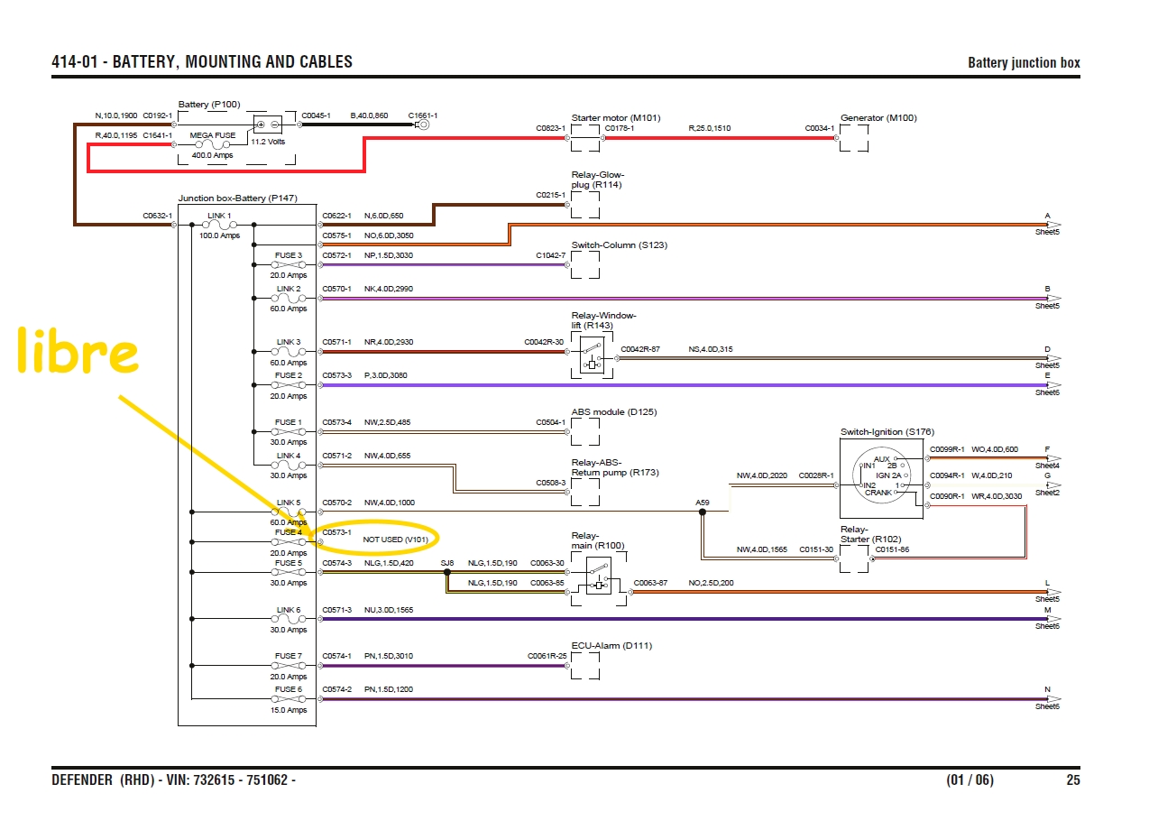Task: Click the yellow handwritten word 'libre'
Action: pos(78,352)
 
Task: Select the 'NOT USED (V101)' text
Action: pos(395,539)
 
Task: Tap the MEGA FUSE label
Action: pos(213,134)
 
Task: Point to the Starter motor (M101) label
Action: pos(616,117)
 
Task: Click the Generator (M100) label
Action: pos(879,117)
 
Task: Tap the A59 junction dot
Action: pos(703,512)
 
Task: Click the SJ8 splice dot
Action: pos(446,571)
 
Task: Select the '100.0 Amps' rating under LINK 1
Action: pos(218,235)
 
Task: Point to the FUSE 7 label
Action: pos(289,656)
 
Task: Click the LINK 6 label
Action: pos(289,610)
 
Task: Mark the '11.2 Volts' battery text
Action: pos(268,143)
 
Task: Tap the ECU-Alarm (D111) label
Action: pos(611,645)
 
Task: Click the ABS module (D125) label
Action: pos(613,411)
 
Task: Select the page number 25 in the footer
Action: pos(1071,780)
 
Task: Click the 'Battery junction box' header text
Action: pos(1024,63)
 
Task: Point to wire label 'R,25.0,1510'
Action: pos(710,128)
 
